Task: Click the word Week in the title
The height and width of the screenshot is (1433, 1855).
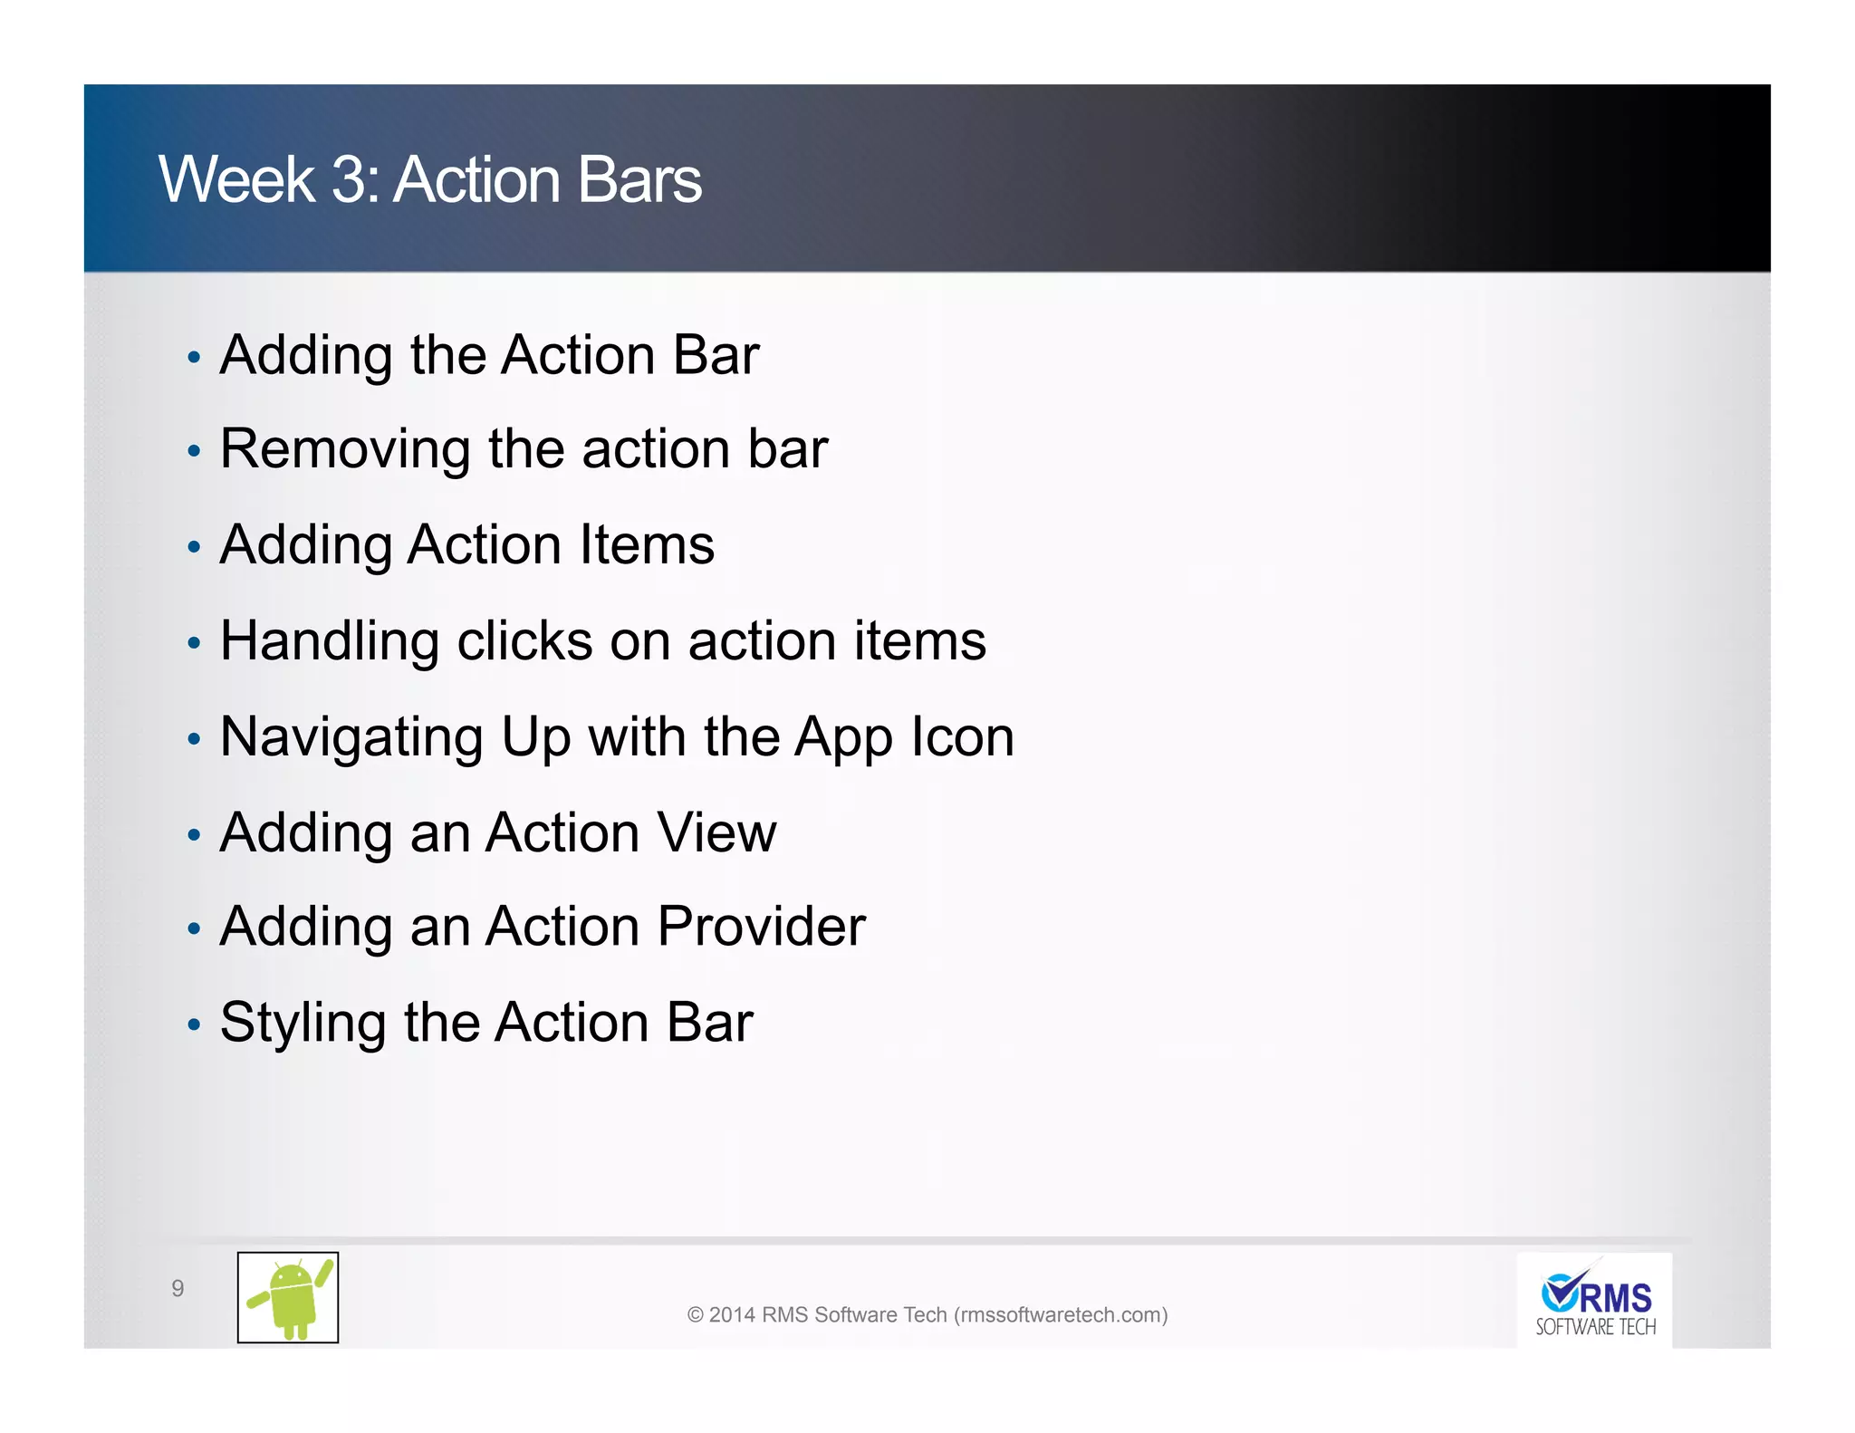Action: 236,179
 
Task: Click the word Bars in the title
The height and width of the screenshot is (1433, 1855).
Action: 639,179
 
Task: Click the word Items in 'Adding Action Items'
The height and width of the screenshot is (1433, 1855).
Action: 647,545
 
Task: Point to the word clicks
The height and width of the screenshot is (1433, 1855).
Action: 524,641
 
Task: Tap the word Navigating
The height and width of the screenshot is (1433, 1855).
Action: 351,738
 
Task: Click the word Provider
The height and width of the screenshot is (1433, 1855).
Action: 762,927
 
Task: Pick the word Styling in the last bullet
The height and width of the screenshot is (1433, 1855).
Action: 303,1024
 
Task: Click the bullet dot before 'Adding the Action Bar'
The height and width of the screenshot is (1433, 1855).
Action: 193,358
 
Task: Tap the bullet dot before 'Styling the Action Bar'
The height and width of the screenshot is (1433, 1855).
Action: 193,1025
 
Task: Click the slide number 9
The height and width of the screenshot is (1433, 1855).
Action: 178,1288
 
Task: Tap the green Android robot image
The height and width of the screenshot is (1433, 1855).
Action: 288,1297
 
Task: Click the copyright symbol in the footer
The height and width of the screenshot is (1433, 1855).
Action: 695,1315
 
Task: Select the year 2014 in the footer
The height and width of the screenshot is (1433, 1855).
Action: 732,1315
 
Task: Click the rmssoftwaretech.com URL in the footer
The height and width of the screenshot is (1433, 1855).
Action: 1061,1315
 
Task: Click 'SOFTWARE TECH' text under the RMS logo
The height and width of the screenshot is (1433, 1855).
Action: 1595,1328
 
